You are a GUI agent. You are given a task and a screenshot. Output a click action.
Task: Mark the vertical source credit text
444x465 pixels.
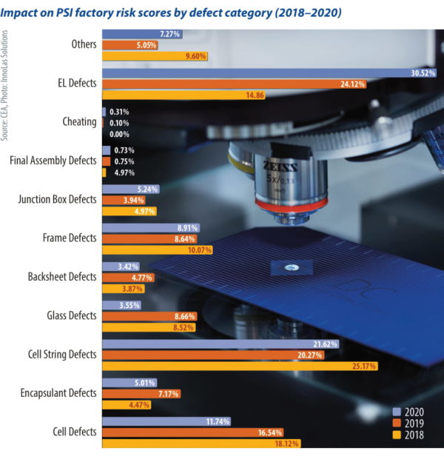(x=6, y=86)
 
